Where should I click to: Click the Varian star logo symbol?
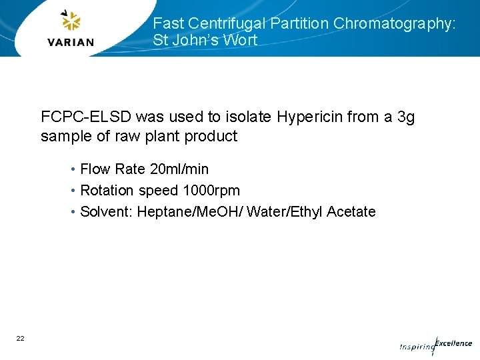(71, 21)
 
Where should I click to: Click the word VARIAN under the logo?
(71, 42)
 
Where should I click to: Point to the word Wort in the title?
(240, 40)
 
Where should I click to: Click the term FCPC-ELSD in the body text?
(85, 117)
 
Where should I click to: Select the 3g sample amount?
(405, 117)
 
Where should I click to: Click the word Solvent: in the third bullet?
(107, 211)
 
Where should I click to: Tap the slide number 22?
(21, 339)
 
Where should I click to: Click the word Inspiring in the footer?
(416, 347)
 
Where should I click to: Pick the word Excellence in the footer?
(453, 343)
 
